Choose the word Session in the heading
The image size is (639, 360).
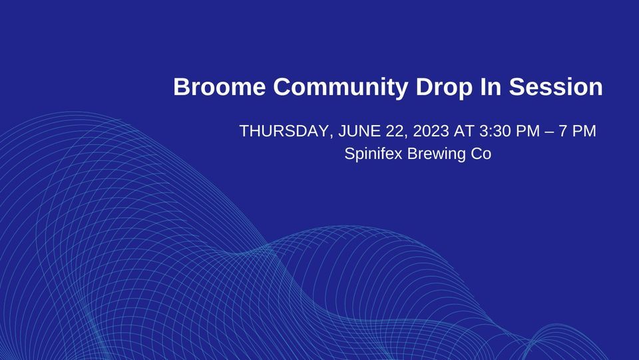pyautogui.click(x=556, y=87)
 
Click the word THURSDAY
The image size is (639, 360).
pyautogui.click(x=283, y=131)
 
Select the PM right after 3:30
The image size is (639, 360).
pyautogui.click(x=529, y=131)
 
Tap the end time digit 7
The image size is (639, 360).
pyautogui.click(x=564, y=131)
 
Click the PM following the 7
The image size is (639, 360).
pyautogui.click(x=584, y=131)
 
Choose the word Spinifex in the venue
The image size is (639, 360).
pyautogui.click(x=373, y=154)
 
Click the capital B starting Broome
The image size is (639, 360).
pyautogui.click(x=180, y=87)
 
